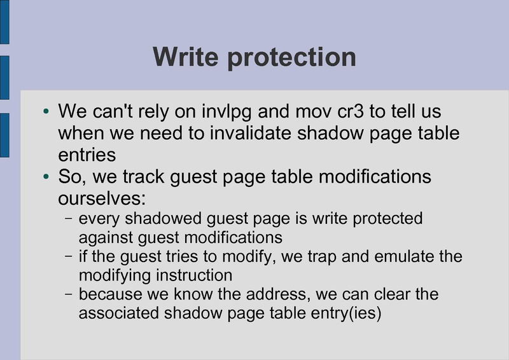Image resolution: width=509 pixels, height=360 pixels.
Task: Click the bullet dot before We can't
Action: [x=45, y=113]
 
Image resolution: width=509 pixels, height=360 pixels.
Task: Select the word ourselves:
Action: [x=102, y=197]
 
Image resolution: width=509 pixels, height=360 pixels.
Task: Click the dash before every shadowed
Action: [x=69, y=219]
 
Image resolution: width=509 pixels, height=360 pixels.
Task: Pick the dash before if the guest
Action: [x=69, y=258]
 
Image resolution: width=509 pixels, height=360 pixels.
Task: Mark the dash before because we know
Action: [x=69, y=296]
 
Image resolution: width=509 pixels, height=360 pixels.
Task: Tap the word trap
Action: [x=326, y=258]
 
